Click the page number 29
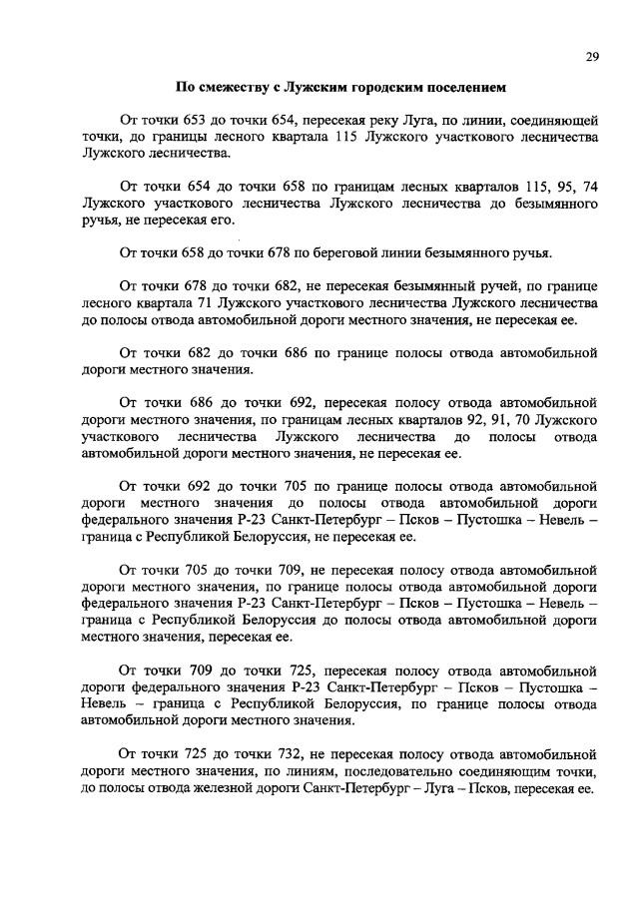[x=591, y=57]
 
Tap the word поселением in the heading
[x=454, y=87]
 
